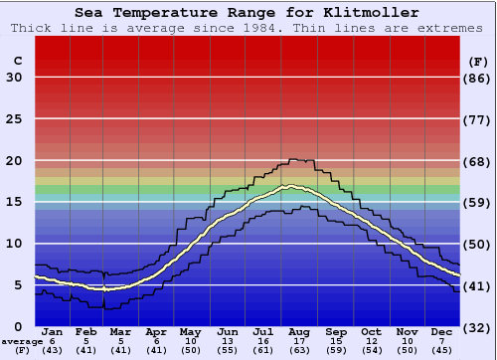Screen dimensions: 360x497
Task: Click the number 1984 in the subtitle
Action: [x=260, y=28]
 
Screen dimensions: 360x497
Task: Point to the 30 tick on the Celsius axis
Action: [x=14, y=78]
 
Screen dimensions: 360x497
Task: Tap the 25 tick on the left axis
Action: [x=14, y=119]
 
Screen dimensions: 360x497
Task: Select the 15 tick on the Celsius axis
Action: [x=14, y=202]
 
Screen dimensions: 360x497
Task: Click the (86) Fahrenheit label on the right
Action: [x=478, y=78]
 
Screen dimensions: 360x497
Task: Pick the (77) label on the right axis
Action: [x=478, y=119]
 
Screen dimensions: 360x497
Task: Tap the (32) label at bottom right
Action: [x=478, y=327]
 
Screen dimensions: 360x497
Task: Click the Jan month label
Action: [x=53, y=332]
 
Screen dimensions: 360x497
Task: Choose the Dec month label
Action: [x=442, y=332]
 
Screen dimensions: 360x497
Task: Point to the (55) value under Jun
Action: [x=228, y=350]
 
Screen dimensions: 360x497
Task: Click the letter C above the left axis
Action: [x=17, y=62]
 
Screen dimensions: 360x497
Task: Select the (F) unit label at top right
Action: [x=478, y=62]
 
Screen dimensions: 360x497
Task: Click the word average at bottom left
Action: [x=22, y=341]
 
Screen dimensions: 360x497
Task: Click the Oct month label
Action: [x=371, y=332]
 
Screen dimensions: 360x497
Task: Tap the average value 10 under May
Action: [x=190, y=341]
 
